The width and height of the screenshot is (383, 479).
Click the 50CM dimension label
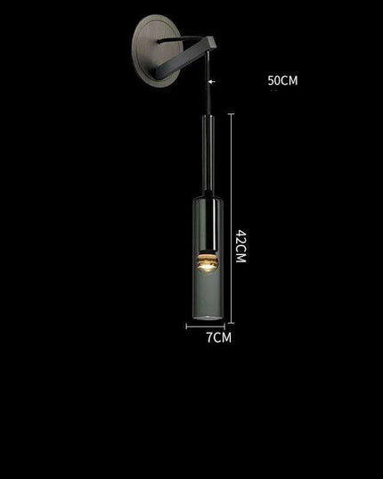(282, 81)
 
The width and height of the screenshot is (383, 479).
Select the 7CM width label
(218, 338)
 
